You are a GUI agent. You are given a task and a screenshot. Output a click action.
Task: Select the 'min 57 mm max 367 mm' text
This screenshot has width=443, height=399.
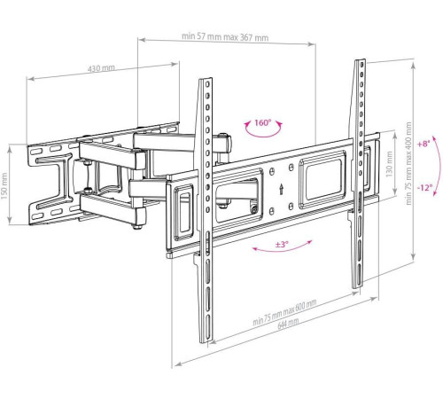(x=225, y=37)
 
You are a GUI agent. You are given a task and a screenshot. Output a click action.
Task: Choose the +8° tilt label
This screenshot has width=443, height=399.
(x=426, y=143)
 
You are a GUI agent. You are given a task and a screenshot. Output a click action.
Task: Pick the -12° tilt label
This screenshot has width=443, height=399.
(x=426, y=187)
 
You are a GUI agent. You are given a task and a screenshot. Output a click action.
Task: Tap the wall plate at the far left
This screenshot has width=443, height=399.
(x=49, y=182)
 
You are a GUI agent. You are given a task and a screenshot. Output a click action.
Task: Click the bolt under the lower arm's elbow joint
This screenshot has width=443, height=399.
(x=134, y=227)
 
